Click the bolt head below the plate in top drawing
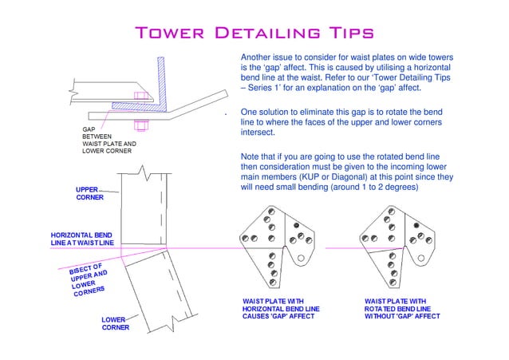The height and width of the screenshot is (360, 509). click(x=140, y=124)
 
